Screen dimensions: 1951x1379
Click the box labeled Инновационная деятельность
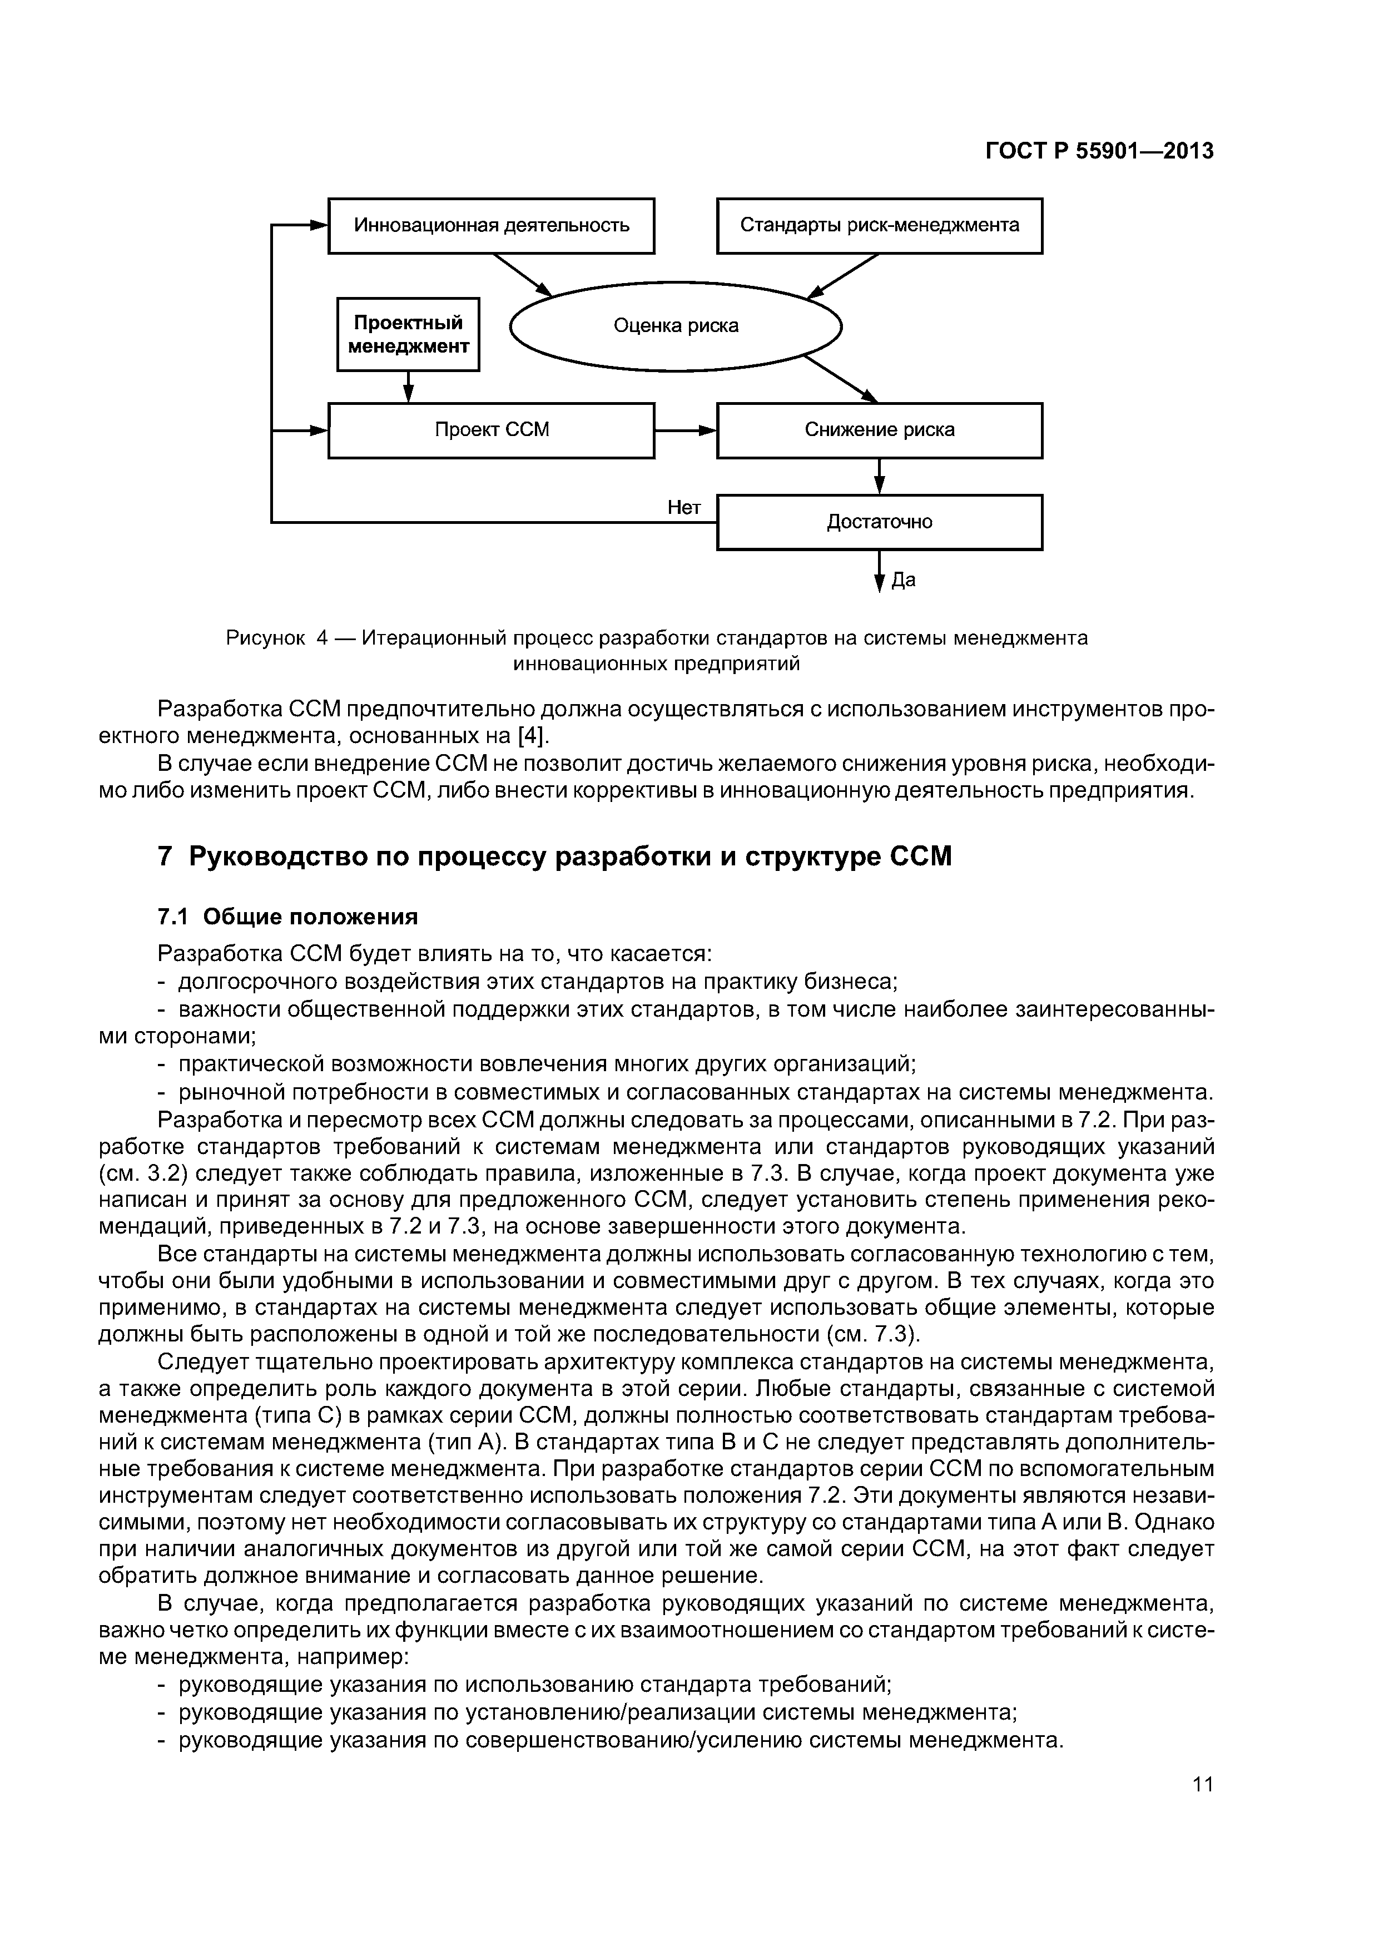pyautogui.click(x=491, y=225)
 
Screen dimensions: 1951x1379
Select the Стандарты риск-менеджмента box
pyautogui.click(x=880, y=225)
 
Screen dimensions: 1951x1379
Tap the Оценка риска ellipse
pyautogui.click(x=676, y=325)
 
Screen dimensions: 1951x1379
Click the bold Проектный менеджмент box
pyautogui.click(x=408, y=334)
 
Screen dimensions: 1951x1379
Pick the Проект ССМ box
pyautogui.click(x=491, y=430)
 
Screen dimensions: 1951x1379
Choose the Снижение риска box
pyautogui.click(x=880, y=430)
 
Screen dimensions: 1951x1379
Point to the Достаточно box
pyautogui.click(x=880, y=522)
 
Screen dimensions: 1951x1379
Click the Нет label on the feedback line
pyautogui.click(x=684, y=507)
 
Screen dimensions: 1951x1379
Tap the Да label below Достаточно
pyautogui.click(x=903, y=581)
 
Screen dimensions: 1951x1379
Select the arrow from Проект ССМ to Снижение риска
pyautogui.click(x=686, y=431)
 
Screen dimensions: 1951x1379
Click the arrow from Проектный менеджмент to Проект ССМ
pyautogui.click(x=408, y=388)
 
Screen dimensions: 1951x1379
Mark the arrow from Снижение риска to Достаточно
pyautogui.click(x=880, y=476)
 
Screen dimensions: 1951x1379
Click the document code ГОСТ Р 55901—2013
pyautogui.click(x=1099, y=151)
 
